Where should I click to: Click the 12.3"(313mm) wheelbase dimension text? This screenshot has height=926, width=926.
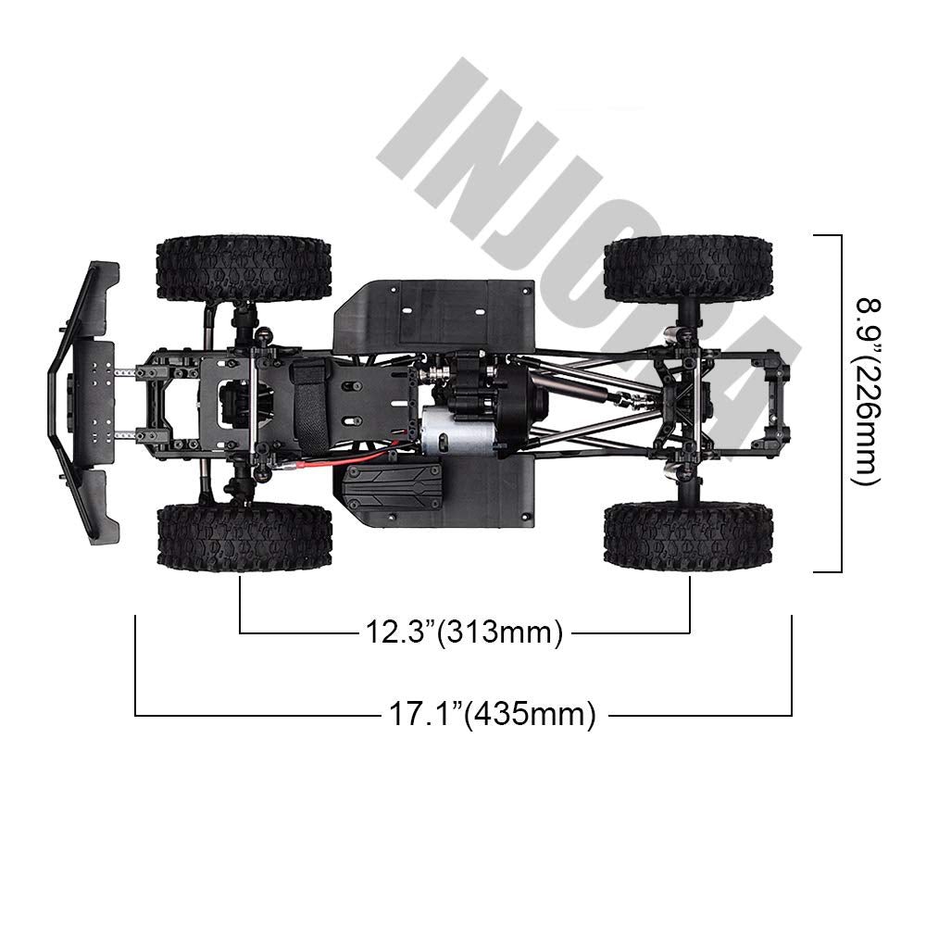click(x=462, y=633)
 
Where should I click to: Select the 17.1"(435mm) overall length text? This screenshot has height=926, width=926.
click(x=488, y=715)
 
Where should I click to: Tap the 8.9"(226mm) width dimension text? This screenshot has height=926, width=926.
click(x=867, y=390)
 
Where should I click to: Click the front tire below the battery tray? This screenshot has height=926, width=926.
click(x=244, y=537)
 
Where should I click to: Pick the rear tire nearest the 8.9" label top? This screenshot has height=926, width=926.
click(x=688, y=268)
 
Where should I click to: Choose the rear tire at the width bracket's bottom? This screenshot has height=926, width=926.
click(x=688, y=537)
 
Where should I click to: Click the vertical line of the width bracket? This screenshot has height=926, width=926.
click(x=841, y=403)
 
